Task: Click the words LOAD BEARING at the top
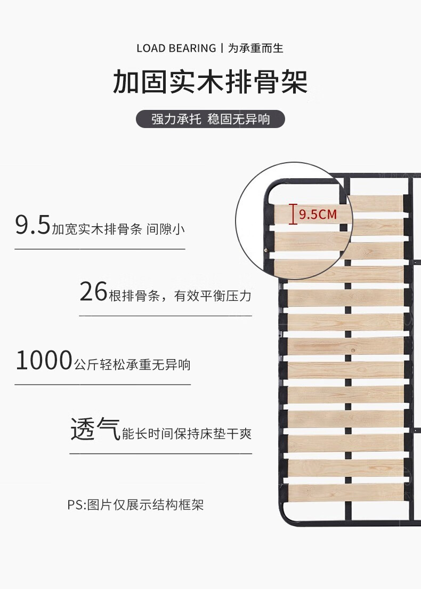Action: tap(176, 49)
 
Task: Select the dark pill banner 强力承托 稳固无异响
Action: tap(210, 119)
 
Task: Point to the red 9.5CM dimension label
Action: tap(318, 214)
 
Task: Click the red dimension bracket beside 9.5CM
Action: tap(293, 214)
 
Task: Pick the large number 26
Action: tap(93, 292)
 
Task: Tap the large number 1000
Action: tap(43, 361)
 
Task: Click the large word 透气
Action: tap(95, 429)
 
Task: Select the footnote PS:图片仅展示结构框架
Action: tap(135, 505)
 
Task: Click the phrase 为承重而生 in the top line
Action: tap(256, 49)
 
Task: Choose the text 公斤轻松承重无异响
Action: tap(132, 365)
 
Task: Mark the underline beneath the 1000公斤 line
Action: tap(102, 384)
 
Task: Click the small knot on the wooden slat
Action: tap(353, 349)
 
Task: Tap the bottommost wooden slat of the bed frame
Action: tap(344, 492)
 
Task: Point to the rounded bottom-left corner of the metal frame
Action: tap(285, 518)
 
